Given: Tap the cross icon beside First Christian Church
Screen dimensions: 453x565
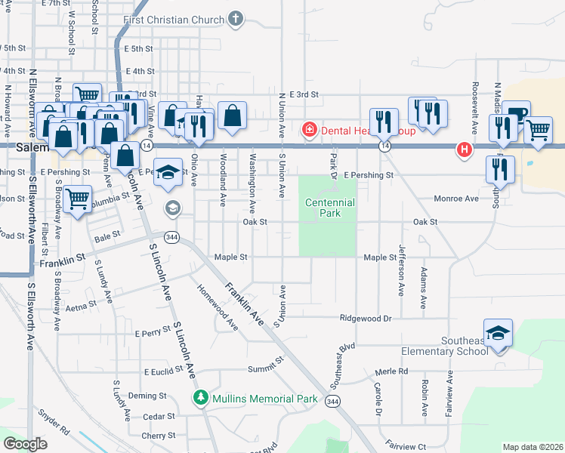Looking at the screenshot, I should [236, 19].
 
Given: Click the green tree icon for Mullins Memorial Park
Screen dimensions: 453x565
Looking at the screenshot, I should [200, 398].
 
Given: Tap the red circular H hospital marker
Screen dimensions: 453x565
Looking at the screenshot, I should [465, 150].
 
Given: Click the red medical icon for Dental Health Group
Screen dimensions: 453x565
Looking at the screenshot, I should [309, 131].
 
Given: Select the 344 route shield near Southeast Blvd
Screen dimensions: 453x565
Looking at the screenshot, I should [332, 402].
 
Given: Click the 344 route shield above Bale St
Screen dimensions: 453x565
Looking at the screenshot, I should [172, 236].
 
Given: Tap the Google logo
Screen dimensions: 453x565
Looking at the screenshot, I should [26, 444].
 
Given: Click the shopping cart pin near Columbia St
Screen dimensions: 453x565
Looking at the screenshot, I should [78, 200].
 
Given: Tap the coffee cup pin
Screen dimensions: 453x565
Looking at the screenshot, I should [516, 114].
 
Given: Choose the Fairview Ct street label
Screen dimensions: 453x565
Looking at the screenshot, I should [406, 445].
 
